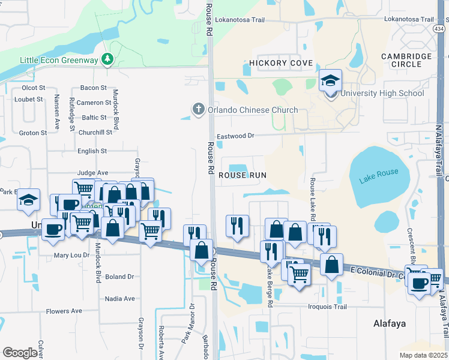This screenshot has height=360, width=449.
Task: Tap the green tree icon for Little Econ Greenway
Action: (x=107, y=59)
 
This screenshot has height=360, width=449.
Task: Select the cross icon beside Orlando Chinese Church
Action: (x=198, y=109)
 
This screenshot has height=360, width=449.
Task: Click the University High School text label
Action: (x=382, y=93)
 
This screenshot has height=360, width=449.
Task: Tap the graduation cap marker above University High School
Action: (x=330, y=80)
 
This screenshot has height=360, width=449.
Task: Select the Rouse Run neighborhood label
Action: (x=242, y=175)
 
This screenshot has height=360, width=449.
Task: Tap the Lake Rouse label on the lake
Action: (x=379, y=176)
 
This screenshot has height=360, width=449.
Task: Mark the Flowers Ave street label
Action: (x=64, y=311)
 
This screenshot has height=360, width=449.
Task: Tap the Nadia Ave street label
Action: (x=120, y=298)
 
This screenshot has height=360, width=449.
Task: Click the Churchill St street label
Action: (x=95, y=133)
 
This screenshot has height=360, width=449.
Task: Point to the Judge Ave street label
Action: (x=92, y=172)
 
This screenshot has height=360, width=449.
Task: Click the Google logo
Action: (x=20, y=352)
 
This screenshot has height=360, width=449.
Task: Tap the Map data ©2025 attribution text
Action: (x=423, y=355)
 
